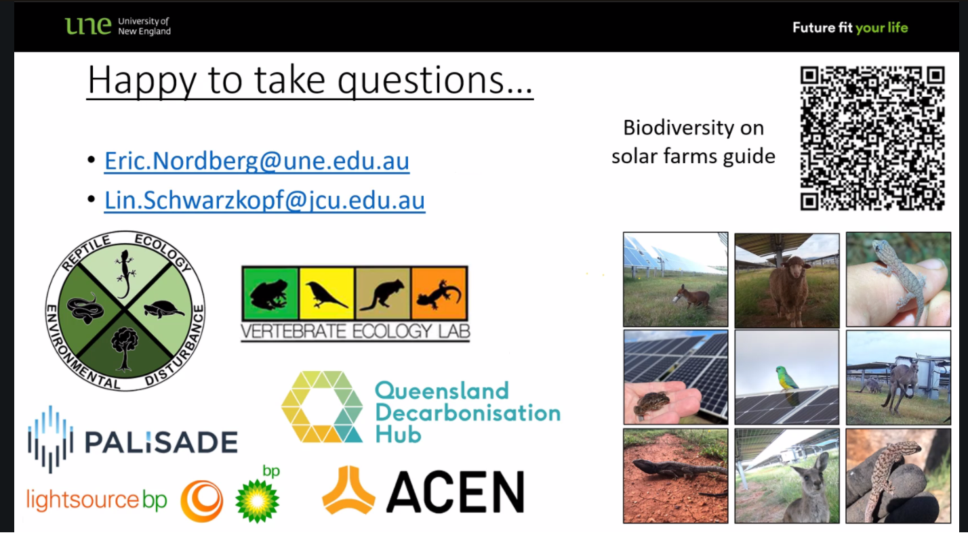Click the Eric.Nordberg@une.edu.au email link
pos(257,161)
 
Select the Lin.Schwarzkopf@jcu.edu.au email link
pos(264,200)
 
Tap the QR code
pos(872,138)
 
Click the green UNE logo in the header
pos(88,26)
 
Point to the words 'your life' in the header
pos(881,28)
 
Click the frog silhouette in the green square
pos(268,295)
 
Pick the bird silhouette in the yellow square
pos(325,294)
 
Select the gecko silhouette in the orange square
pos(438,295)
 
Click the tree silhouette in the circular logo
pos(125,348)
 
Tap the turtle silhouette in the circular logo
pos(163,309)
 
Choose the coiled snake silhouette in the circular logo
pos(85,308)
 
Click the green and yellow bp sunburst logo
pos(258,500)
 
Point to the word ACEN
pos(456,492)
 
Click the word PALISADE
pos(161,442)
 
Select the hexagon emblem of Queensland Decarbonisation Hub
pos(323,407)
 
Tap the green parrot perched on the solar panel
pos(787,378)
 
